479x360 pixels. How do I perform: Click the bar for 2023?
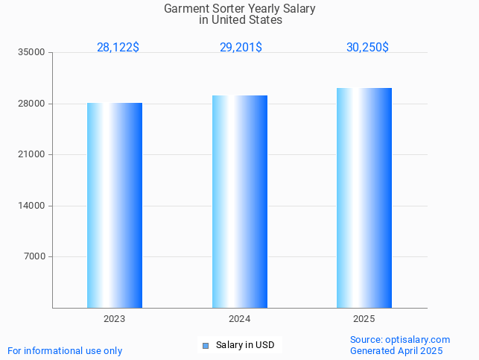click(115, 205)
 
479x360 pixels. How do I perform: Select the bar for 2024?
click(240, 201)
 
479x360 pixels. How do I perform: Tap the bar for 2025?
click(364, 198)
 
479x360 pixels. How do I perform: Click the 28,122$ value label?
click(118, 47)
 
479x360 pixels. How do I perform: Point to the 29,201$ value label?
click(241, 47)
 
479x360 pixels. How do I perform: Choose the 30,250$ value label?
click(367, 47)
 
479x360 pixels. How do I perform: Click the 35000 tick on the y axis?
click(33, 52)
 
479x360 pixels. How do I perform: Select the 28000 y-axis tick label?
click(33, 104)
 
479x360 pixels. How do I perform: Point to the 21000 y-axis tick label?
click(33, 154)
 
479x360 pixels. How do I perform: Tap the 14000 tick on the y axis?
click(33, 206)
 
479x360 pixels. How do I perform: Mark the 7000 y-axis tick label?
click(35, 256)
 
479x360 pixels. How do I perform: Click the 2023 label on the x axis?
click(115, 318)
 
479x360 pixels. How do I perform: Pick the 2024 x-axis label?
click(240, 318)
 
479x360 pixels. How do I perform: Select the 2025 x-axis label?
click(364, 318)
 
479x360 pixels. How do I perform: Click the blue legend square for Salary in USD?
click(206, 345)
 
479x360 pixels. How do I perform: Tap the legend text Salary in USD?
click(245, 345)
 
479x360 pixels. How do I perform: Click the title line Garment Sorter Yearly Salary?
click(240, 9)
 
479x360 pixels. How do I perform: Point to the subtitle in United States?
click(240, 20)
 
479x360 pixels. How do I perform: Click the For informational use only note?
click(65, 350)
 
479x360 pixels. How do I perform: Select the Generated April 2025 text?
click(396, 350)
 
